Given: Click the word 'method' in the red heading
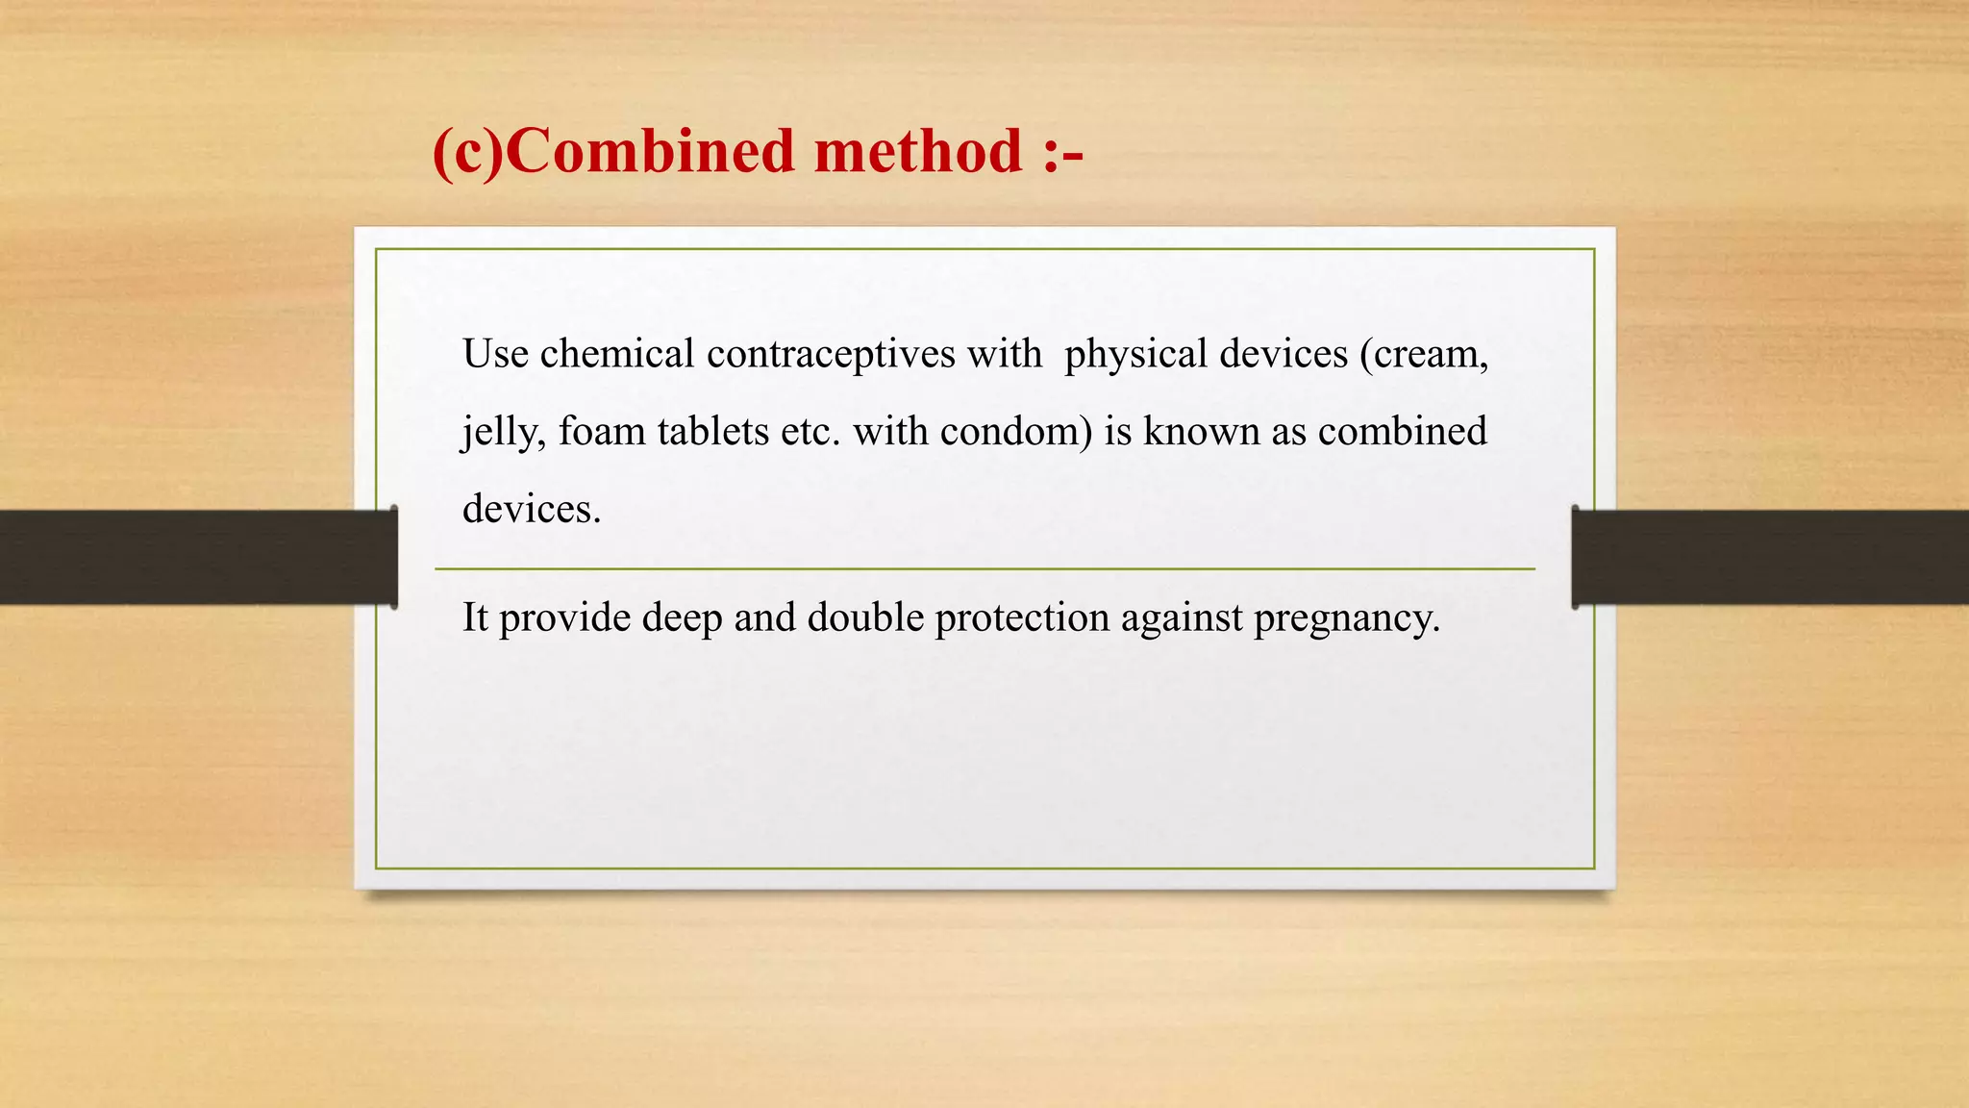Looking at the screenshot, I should pyautogui.click(x=918, y=152).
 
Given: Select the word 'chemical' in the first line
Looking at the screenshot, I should pyautogui.click(x=616, y=354).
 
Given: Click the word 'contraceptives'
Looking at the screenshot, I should pyautogui.click(x=831, y=354).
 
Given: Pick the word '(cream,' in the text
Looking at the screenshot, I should pyautogui.click(x=1424, y=354).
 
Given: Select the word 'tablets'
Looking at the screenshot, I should pyautogui.click(x=713, y=431).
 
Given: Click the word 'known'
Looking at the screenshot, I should pyautogui.click(x=1201, y=431).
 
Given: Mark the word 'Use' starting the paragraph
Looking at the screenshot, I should pyautogui.click(x=495, y=354).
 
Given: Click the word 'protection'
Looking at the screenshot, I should pyautogui.click(x=1022, y=617).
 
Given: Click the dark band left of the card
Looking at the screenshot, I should pyautogui.click(x=192, y=557).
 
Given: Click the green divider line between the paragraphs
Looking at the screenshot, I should pyautogui.click(x=984, y=569).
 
